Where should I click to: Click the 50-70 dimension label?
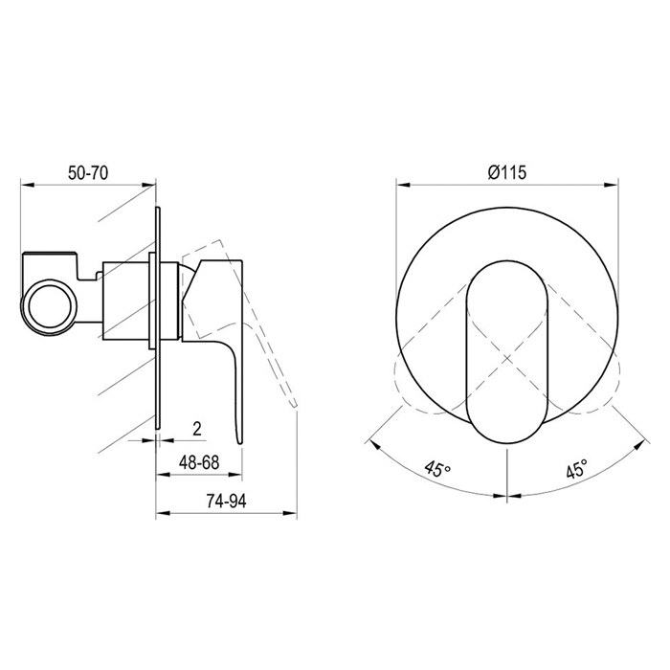(x=88, y=173)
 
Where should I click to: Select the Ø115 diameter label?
(x=507, y=172)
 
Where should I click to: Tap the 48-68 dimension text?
(x=199, y=462)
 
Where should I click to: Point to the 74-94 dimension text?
(x=227, y=501)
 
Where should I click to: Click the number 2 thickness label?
(x=196, y=428)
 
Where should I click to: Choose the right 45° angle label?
(x=576, y=469)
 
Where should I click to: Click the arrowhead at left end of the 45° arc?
(x=374, y=442)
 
